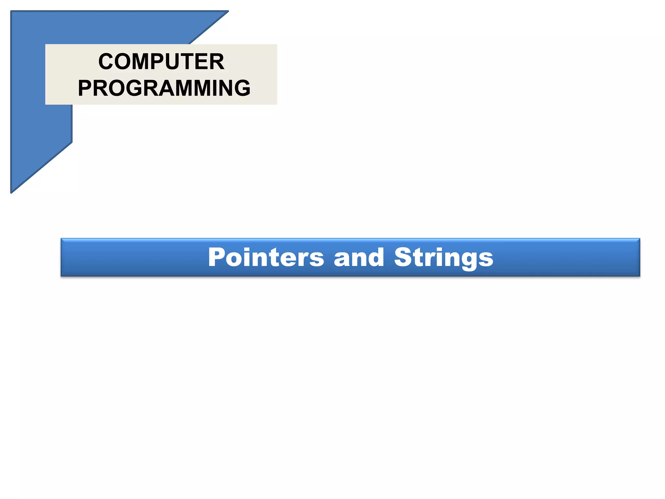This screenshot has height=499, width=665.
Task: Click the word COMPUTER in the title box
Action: (161, 61)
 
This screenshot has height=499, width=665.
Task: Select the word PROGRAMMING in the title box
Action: (164, 88)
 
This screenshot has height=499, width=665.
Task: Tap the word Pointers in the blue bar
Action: (266, 257)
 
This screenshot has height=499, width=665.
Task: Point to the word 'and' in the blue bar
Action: (359, 257)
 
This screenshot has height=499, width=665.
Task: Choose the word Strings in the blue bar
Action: (444, 258)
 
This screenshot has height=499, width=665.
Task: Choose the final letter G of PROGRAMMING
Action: (241, 88)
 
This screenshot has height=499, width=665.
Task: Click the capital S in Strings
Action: (403, 257)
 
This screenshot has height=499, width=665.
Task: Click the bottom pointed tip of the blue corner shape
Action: (12, 192)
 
